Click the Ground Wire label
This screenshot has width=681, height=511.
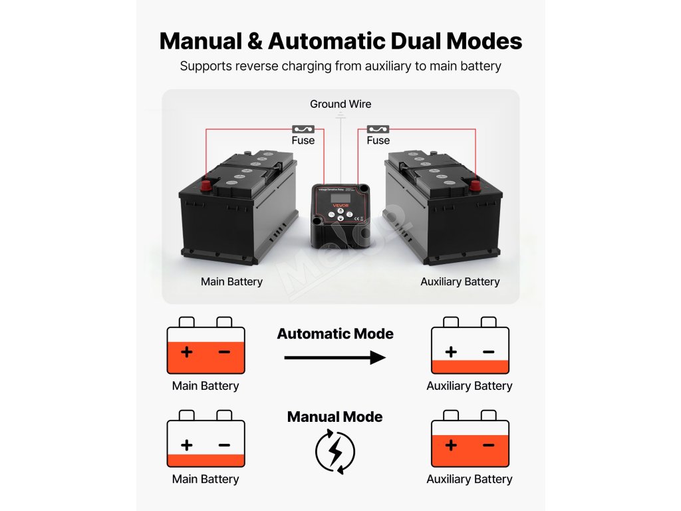340,104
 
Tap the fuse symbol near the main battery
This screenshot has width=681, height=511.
303,128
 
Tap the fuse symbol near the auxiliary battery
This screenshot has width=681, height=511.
378,128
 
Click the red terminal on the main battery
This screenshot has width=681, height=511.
206,184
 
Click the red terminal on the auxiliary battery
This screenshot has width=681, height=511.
475,185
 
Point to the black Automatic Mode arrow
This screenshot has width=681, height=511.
335,357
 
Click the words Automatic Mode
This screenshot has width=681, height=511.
335,333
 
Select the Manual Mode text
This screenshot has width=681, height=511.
335,417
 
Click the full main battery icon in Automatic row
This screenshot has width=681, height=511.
205,347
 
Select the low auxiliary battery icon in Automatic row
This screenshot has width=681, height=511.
470,347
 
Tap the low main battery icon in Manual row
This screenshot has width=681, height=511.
205,440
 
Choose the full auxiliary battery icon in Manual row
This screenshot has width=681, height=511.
470,440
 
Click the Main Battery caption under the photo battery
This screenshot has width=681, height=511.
231,281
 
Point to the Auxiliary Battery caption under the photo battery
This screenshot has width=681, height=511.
460,281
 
